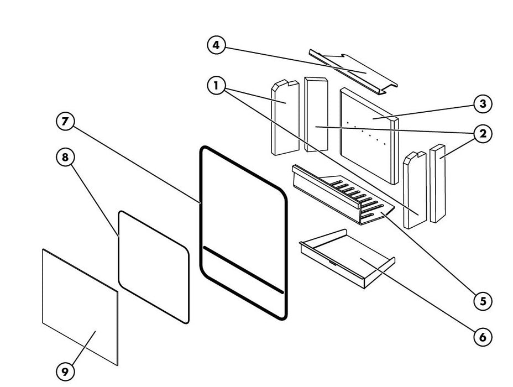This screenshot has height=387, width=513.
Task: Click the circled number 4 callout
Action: [x=216, y=45]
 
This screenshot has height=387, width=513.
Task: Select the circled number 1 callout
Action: [x=216, y=86]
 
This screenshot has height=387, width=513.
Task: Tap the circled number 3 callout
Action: [x=483, y=103]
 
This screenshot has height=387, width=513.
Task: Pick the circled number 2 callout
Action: [x=483, y=133]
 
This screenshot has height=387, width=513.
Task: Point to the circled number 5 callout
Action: [x=483, y=301]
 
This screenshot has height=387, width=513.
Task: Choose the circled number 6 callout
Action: [x=483, y=336]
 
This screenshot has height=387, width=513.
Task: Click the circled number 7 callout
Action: [x=65, y=122]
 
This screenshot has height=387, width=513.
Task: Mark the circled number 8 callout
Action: [x=65, y=158]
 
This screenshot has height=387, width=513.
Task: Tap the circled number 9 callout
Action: [x=65, y=372]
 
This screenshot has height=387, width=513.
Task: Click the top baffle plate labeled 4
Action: [x=354, y=69]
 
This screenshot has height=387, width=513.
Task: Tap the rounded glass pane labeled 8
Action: [x=154, y=265]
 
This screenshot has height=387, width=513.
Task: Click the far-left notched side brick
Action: [x=285, y=119]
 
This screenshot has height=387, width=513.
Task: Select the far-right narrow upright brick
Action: [x=437, y=182]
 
